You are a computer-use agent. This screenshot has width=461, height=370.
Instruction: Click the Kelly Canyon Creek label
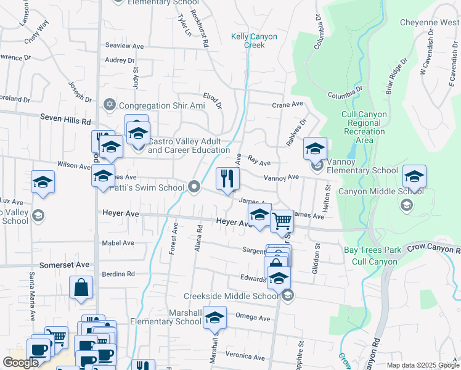pyautogui.click(x=254, y=41)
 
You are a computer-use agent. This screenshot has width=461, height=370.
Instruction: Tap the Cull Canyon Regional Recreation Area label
pyautogui.click(x=364, y=127)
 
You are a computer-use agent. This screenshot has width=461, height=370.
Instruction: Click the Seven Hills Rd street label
pyautogui.click(x=65, y=117)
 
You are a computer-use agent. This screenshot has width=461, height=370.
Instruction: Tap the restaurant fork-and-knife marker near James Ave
pyautogui.click(x=227, y=179)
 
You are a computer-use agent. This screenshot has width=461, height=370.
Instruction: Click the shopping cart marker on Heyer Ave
pyautogui.click(x=282, y=220)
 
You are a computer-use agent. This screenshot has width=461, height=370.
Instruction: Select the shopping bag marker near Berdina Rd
pyautogui.click(x=81, y=287)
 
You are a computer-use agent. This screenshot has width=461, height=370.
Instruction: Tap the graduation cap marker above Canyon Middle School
pyautogui.click(x=414, y=176)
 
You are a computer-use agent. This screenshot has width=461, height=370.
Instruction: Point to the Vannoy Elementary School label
pyautogui.click(x=362, y=170)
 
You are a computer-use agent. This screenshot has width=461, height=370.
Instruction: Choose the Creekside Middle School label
pyautogui.click(x=231, y=296)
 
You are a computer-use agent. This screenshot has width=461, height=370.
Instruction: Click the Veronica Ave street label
pyautogui.click(x=245, y=356)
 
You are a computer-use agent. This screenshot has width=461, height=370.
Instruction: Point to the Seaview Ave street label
pyautogui.click(x=124, y=46)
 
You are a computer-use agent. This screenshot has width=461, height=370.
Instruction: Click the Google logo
pyautogui.click(x=20, y=363)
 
